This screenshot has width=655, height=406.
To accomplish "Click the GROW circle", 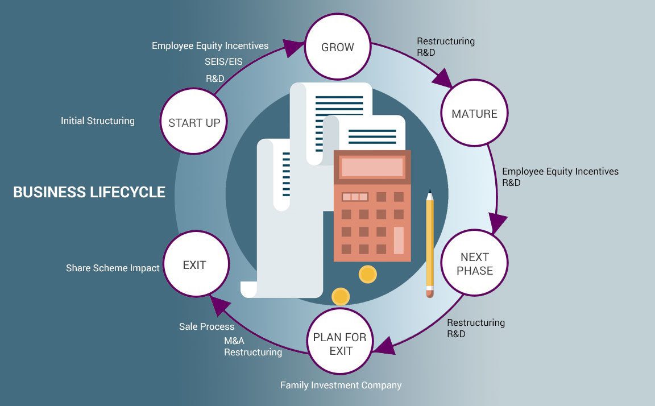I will point(338,47).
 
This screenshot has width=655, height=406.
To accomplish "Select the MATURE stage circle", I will point(474,113).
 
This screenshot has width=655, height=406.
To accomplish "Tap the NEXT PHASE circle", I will point(474,263).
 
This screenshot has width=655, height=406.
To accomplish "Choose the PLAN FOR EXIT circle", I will point(341,343).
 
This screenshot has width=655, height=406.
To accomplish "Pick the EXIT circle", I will point(194,264).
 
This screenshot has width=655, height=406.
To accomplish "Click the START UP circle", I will point(194,122).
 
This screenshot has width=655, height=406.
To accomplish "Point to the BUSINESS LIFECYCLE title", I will point(89,192).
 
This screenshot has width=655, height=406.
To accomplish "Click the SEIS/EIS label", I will point(223,61).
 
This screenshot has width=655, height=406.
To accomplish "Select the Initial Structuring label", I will point(98,121).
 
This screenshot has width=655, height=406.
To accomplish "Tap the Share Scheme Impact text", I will point(113,268).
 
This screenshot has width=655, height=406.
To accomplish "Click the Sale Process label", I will point(206,326).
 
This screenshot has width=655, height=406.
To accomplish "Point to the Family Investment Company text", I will point(341,385).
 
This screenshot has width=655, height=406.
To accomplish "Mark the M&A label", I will point(234,340).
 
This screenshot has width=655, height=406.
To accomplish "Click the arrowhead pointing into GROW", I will point(294,48).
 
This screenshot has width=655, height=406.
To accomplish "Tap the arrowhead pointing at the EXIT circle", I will point(215,305).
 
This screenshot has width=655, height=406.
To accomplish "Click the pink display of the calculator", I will point(372,167).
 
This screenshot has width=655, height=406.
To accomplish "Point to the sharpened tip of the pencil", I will point(429,193).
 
